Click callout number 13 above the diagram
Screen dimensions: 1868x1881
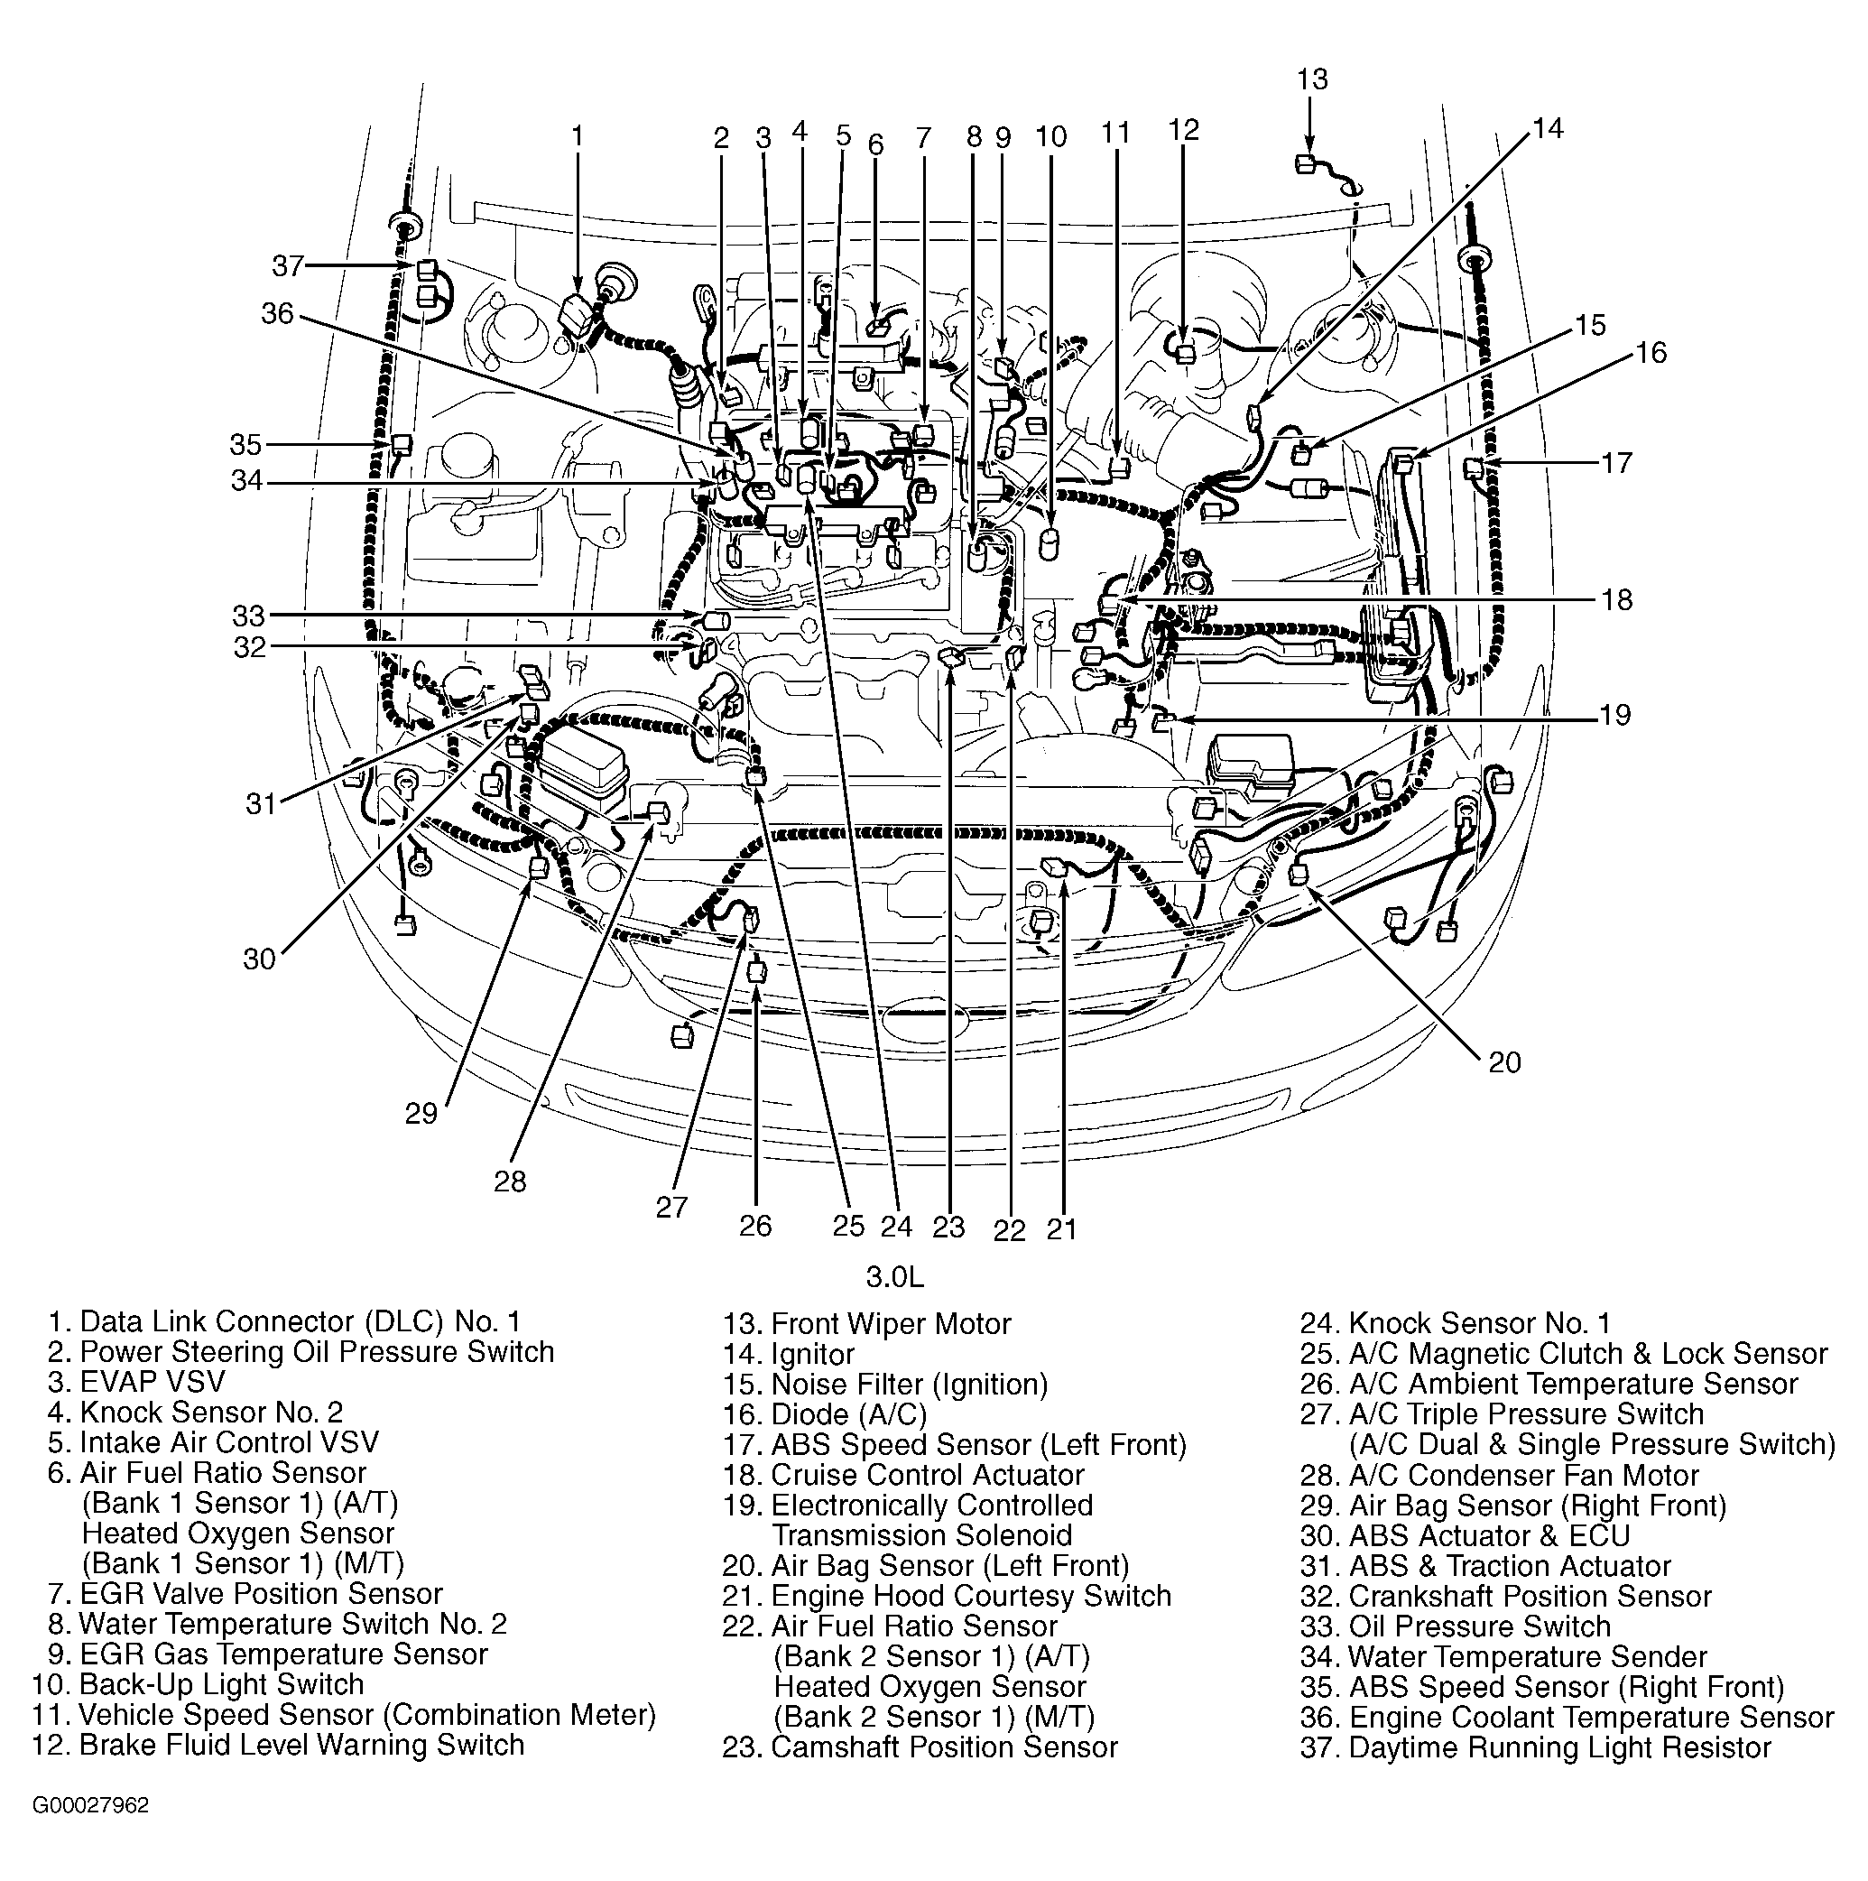click(1312, 79)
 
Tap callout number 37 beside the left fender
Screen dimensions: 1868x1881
click(288, 265)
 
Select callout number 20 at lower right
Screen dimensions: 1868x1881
click(1504, 1062)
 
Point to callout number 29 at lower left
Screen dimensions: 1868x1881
click(421, 1113)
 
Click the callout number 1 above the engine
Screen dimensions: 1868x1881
click(578, 135)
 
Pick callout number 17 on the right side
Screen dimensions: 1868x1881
click(1616, 462)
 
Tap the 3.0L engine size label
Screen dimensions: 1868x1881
click(894, 1276)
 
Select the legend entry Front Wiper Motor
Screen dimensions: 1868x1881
click(866, 1324)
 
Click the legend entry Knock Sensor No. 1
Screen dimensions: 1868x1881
click(1456, 1323)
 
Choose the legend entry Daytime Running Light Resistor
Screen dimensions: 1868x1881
click(1536, 1747)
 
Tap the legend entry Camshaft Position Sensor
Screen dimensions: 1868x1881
click(920, 1747)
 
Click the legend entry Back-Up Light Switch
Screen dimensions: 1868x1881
click(198, 1684)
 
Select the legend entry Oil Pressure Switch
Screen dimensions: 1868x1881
click(1456, 1626)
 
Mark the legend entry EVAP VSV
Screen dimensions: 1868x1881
click(136, 1382)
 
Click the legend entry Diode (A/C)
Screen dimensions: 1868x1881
click(825, 1413)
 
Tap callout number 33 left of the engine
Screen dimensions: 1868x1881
click(249, 616)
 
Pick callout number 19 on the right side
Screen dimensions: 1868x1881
click(1615, 716)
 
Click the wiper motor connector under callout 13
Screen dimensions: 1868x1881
click(1307, 163)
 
